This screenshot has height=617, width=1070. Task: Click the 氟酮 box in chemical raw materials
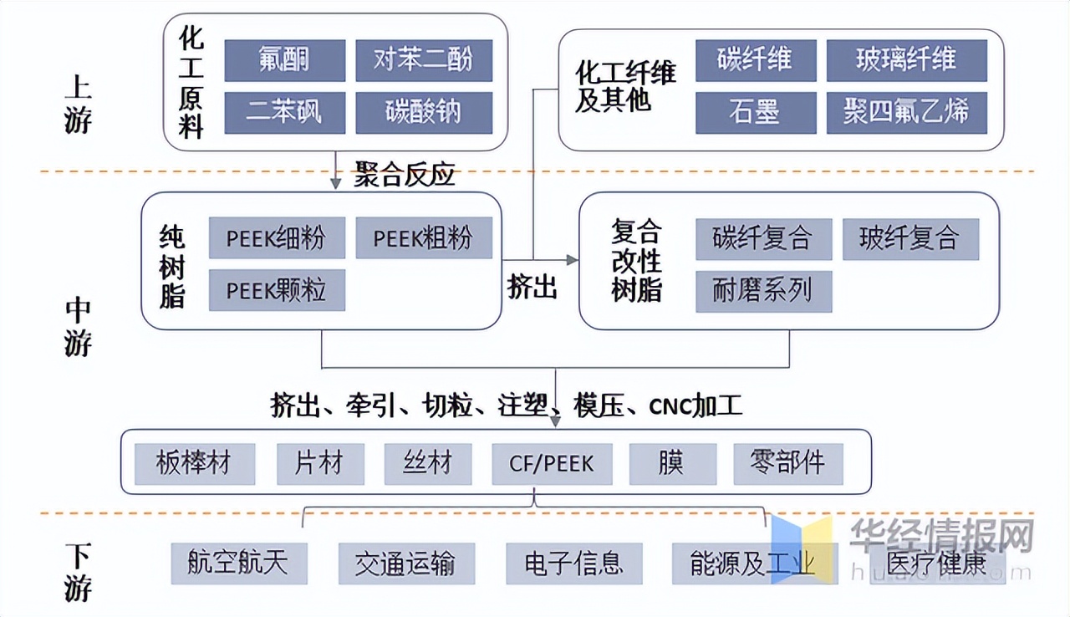(x=285, y=60)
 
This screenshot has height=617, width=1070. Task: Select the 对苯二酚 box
(x=424, y=60)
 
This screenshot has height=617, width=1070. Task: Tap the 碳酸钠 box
(x=424, y=112)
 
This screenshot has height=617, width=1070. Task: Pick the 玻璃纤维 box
(x=907, y=60)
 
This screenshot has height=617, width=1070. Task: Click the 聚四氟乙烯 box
(x=907, y=112)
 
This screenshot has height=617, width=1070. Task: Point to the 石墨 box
(x=756, y=112)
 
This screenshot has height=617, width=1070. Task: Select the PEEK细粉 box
(x=277, y=238)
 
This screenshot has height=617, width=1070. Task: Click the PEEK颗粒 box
(x=277, y=290)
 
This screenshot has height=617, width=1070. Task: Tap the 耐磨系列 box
(x=763, y=291)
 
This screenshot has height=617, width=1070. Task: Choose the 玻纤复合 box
(x=910, y=239)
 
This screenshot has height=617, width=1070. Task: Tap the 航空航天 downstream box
(x=239, y=563)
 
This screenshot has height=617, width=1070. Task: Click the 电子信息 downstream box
(x=573, y=563)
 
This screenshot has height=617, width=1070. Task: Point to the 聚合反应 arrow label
(x=405, y=176)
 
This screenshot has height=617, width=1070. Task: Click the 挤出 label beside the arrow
(x=532, y=287)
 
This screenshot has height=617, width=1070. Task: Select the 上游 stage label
(x=78, y=105)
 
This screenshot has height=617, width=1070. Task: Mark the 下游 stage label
(x=78, y=573)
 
